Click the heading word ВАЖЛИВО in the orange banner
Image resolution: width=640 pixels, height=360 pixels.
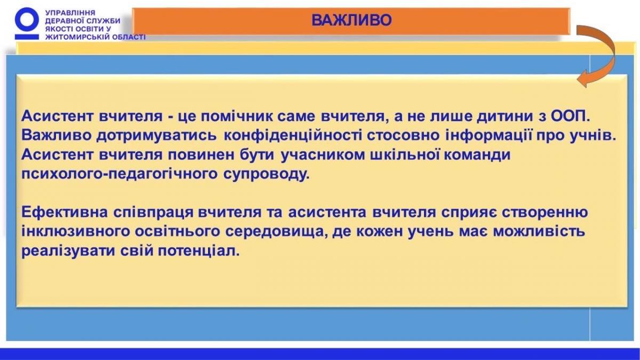click(351, 20)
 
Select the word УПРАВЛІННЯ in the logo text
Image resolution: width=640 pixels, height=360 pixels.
click(70, 13)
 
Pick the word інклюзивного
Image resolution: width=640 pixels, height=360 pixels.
click(75, 231)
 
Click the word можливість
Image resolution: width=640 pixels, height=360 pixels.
click(539, 231)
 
